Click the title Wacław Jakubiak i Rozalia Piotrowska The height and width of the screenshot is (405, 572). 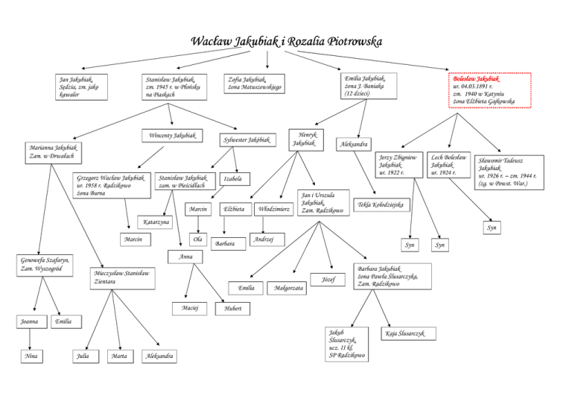click(x=286, y=41)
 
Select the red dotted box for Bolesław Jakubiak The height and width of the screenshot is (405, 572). click(x=489, y=90)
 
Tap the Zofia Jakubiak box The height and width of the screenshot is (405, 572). click(x=254, y=84)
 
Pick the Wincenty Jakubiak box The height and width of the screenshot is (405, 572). click(x=172, y=136)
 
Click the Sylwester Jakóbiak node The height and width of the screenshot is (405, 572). click(x=247, y=140)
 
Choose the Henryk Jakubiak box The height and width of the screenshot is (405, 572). click(x=306, y=139)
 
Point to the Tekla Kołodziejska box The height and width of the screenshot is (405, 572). click(x=381, y=204)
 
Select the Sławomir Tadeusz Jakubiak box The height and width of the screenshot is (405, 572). click(x=509, y=172)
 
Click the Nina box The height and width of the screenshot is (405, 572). click(x=32, y=356)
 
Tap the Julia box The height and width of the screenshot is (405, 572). click(x=86, y=356)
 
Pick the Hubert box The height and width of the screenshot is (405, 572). click(x=232, y=309)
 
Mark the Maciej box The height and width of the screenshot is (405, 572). click(x=189, y=308)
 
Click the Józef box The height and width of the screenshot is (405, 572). click(x=328, y=280)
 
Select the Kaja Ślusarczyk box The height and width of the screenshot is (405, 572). click(x=408, y=333)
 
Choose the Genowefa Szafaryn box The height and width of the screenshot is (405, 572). click(x=45, y=266)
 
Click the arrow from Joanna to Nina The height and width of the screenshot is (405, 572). click(x=30, y=339)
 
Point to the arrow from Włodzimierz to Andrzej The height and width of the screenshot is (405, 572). click(x=263, y=225)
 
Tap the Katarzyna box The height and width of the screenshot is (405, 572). click(x=155, y=222)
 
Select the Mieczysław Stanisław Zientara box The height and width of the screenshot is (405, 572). click(x=123, y=278)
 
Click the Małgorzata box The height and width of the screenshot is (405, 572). click(x=287, y=288)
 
